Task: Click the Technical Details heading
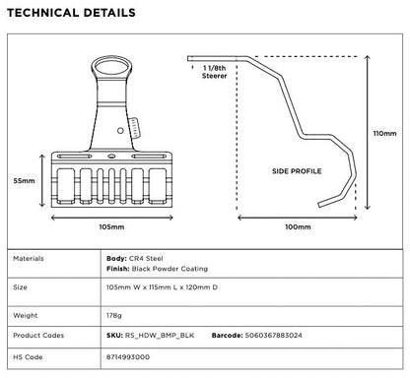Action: [x=71, y=13]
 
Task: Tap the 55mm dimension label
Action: [x=24, y=181]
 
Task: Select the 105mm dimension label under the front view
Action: [x=111, y=226]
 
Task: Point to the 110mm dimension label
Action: [x=384, y=134]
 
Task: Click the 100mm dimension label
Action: [x=298, y=226]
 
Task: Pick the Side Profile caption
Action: [x=297, y=171]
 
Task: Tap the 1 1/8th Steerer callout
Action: [x=215, y=72]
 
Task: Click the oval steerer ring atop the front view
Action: [x=111, y=58]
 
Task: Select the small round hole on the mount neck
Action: [x=120, y=131]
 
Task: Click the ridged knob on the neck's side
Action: [x=135, y=127]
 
